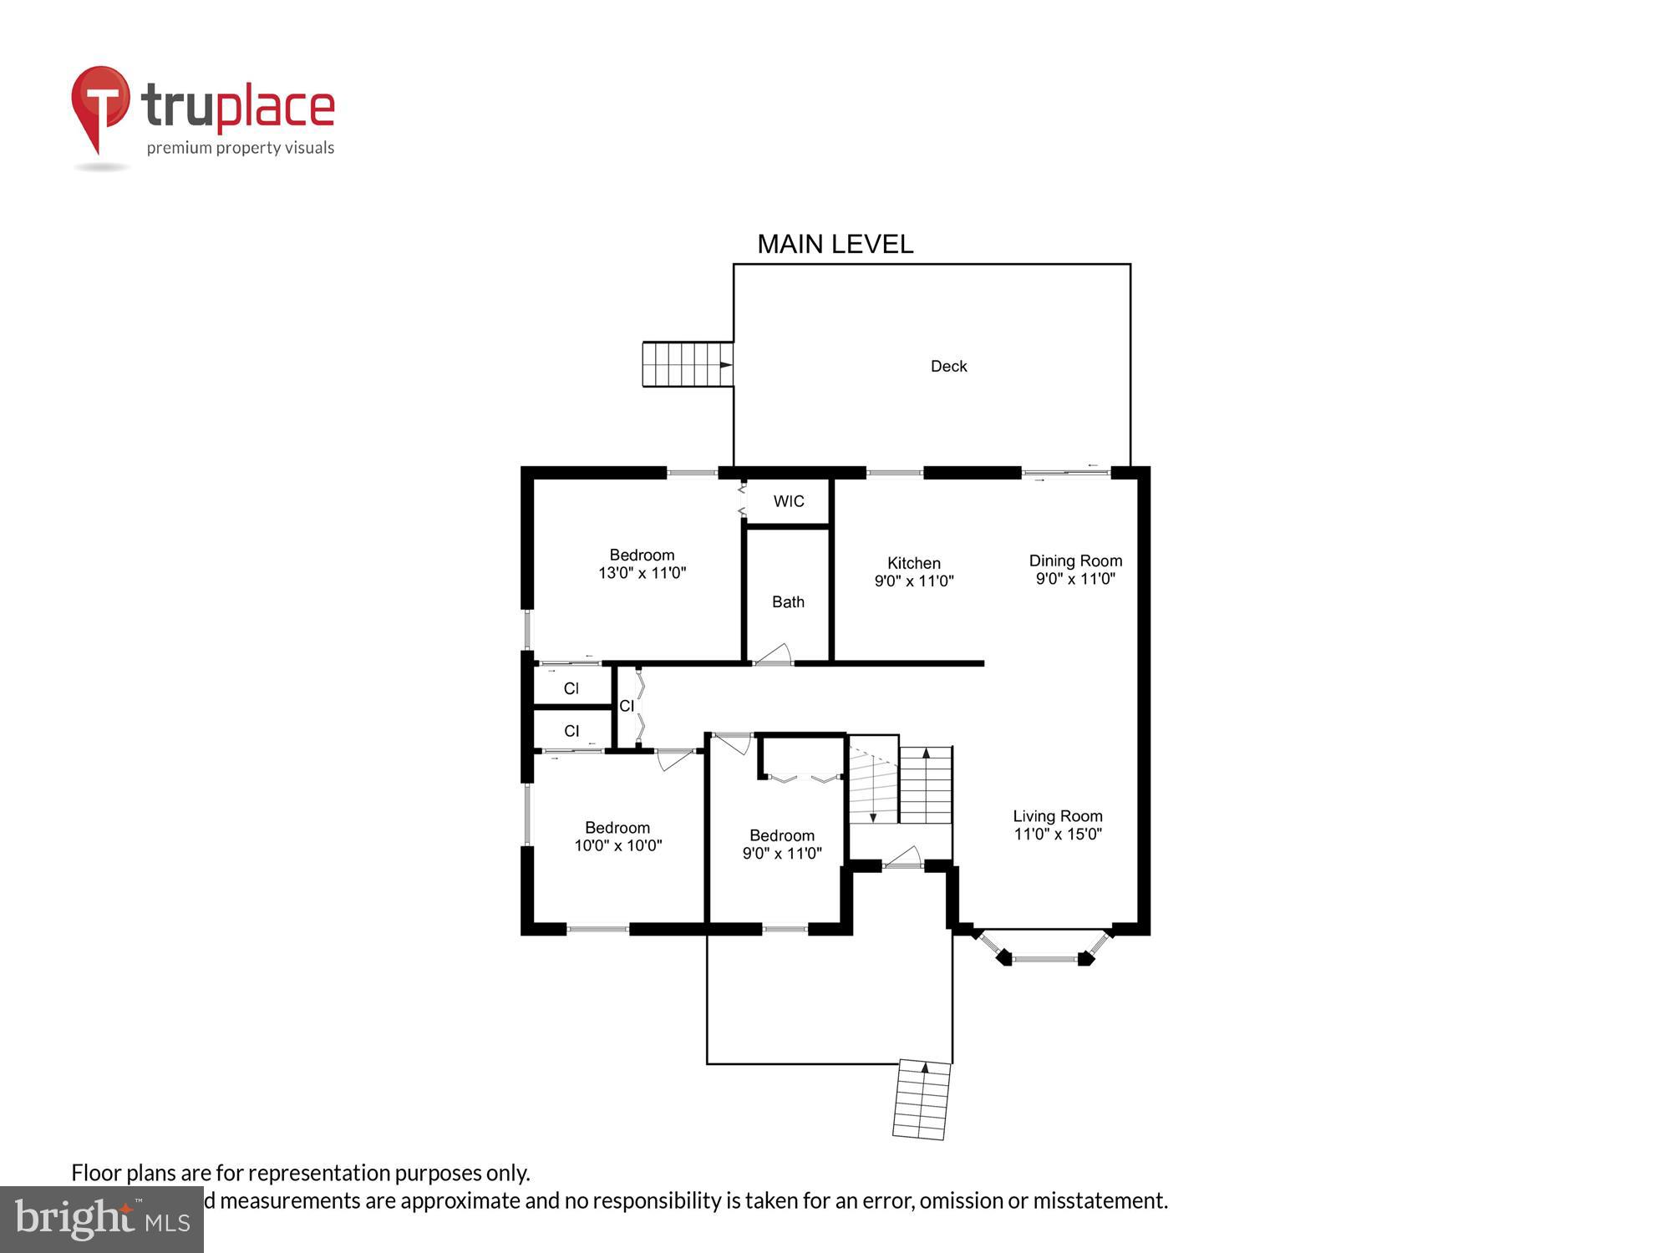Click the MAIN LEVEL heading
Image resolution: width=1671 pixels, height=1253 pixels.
pos(835,244)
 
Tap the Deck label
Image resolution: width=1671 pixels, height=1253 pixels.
pos(948,366)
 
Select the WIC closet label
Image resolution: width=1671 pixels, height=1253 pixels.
pos(789,501)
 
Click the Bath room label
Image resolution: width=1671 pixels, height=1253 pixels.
pos(788,601)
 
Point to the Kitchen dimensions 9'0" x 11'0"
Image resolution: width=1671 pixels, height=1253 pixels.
pos(913,581)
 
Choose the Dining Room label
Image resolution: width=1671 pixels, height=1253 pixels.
pos(1075,561)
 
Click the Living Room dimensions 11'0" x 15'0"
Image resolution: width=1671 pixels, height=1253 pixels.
pos(1058,834)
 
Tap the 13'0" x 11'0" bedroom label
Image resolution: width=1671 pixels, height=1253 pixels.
pos(642,573)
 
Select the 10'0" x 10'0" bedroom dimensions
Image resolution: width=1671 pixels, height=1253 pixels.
pos(617,845)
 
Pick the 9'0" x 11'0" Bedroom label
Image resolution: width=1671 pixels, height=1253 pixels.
pos(781,835)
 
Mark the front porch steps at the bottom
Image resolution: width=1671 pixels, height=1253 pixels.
pos(922,1099)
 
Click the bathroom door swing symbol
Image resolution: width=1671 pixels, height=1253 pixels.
pos(776,653)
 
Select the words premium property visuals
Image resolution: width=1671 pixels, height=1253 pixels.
pos(241,148)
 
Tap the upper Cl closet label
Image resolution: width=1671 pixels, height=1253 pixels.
pos(571,688)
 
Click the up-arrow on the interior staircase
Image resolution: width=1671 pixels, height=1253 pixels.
pos(926,754)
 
